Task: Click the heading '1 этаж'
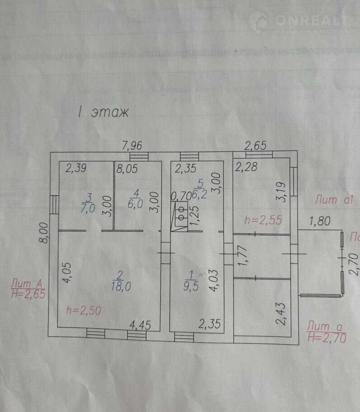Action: [x=103, y=112]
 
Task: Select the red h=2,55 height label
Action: [x=263, y=220]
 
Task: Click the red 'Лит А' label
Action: [x=27, y=283]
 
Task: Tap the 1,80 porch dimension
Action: [x=320, y=221]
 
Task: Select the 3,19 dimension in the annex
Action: [x=281, y=192]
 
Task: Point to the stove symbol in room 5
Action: [x=180, y=213]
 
